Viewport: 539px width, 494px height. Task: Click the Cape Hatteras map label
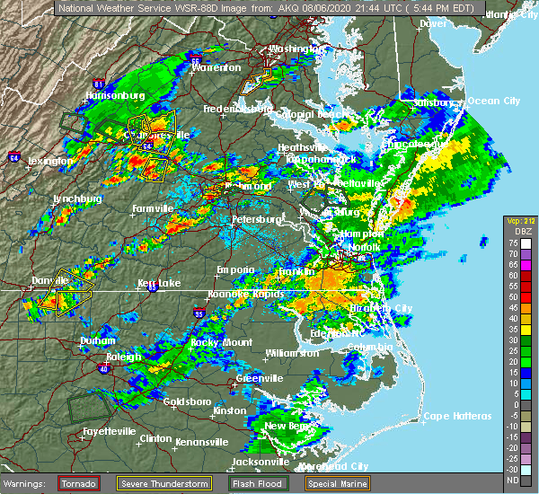(458, 416)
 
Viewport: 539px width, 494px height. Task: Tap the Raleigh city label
(124, 357)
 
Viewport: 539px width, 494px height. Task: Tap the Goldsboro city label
(189, 401)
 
